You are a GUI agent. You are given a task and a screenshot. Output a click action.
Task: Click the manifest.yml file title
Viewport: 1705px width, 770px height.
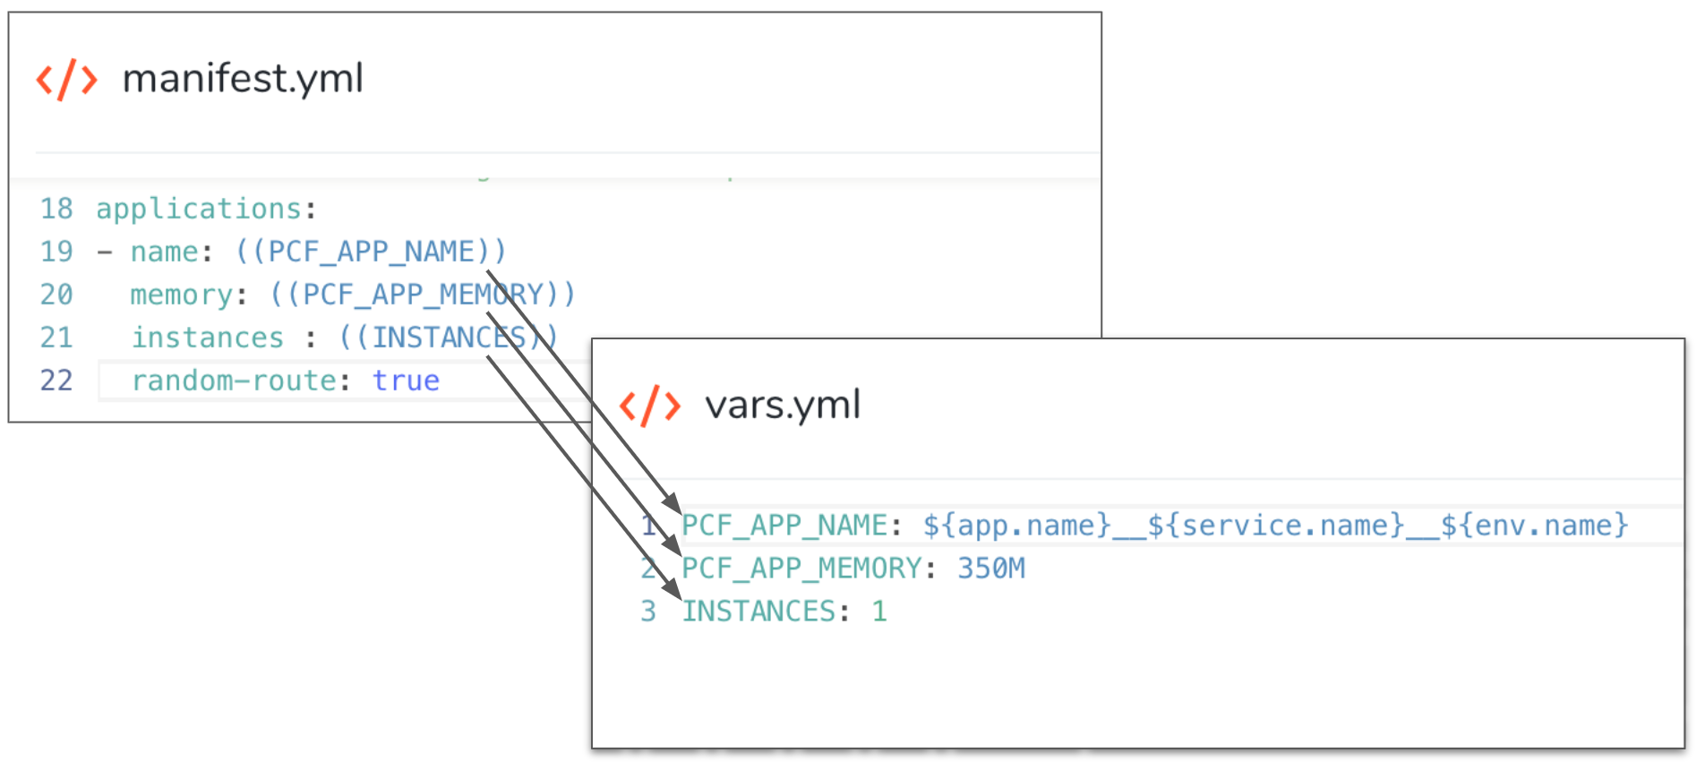(243, 79)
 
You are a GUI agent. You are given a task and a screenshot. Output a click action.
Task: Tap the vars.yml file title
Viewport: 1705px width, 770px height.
(783, 405)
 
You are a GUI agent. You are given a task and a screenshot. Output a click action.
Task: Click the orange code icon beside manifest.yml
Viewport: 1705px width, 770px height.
(66, 80)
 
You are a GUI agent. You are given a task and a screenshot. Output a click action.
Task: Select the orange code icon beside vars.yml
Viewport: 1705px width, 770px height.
(650, 406)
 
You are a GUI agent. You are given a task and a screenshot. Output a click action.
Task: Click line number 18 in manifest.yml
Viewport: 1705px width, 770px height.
(56, 209)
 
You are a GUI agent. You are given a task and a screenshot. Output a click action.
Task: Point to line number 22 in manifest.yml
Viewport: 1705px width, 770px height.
(56, 381)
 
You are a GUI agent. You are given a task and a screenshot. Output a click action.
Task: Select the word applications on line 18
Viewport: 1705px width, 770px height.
(199, 210)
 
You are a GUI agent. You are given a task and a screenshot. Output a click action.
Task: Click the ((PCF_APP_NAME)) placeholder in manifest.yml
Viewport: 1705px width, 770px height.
(371, 252)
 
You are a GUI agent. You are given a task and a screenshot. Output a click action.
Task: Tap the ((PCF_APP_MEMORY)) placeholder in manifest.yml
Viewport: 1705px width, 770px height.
(423, 295)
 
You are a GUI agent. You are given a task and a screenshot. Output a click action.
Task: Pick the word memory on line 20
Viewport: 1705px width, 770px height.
(182, 295)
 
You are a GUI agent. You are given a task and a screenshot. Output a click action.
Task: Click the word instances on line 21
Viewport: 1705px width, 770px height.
(208, 338)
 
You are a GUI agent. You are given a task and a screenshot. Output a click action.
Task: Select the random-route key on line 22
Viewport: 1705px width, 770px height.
(235, 381)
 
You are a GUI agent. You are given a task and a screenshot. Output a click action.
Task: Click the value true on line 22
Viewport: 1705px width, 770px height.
(406, 381)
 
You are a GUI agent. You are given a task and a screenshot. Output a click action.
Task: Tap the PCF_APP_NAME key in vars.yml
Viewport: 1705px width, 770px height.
(784, 526)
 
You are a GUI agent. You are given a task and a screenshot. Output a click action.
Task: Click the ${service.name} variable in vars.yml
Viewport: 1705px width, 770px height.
(1276, 526)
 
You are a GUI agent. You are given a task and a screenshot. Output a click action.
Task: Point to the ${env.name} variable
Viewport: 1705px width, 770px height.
(1535, 526)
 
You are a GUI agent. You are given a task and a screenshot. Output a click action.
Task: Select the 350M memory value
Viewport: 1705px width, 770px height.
(991, 569)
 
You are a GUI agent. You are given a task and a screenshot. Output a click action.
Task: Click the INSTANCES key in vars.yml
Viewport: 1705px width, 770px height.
(759, 612)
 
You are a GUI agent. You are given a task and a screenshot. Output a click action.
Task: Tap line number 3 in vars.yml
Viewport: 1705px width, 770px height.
(648, 612)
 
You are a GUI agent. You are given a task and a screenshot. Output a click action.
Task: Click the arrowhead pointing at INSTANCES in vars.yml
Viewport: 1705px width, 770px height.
(672, 589)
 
